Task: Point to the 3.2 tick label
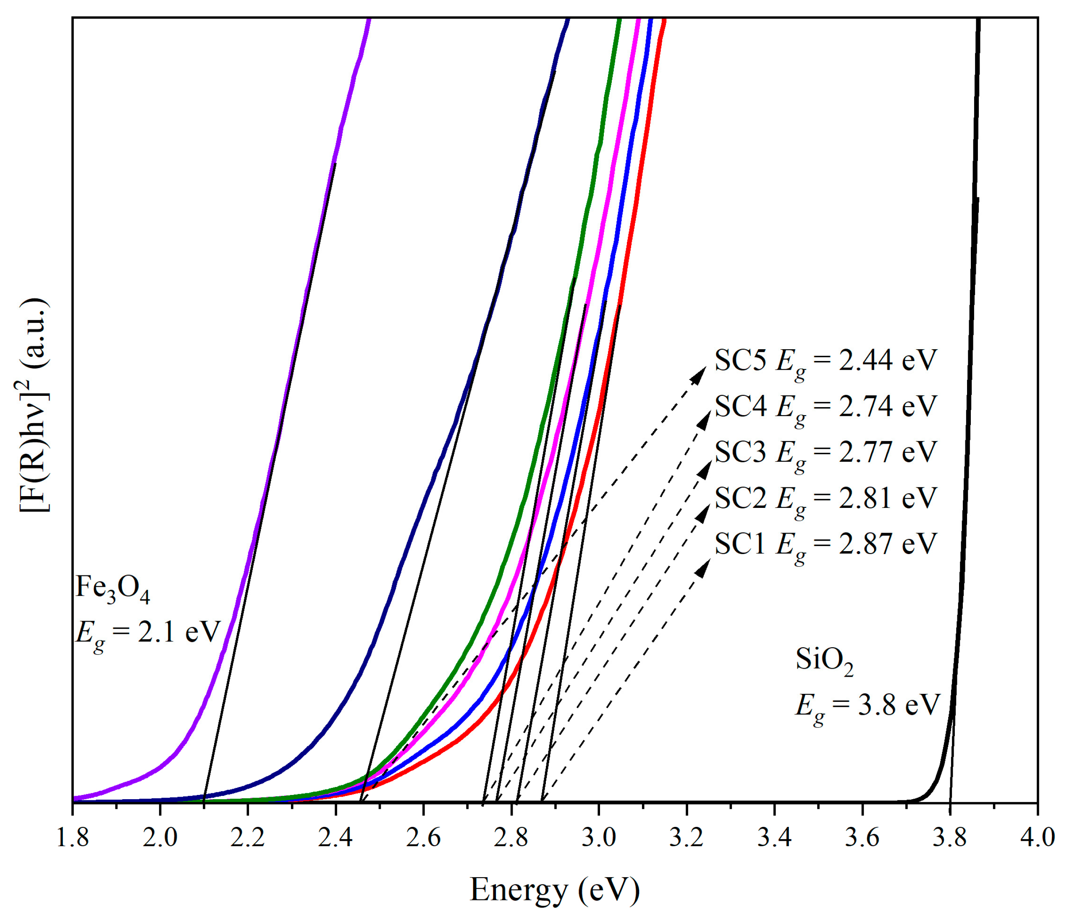click(687, 838)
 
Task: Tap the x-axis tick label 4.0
click(1037, 838)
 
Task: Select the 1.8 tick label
click(72, 838)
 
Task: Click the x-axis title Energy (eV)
click(555, 890)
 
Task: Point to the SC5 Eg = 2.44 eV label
click(826, 361)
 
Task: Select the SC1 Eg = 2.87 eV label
click(826, 544)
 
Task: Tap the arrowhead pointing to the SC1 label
click(704, 568)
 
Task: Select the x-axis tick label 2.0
click(160, 838)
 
